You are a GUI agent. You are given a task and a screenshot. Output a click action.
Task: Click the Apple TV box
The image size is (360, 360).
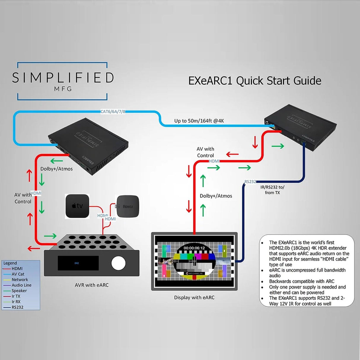click(x=77, y=206)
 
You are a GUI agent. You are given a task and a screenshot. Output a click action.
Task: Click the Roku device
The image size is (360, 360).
click(x=128, y=206)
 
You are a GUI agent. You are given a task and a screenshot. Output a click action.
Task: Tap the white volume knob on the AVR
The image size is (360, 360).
click(x=118, y=263)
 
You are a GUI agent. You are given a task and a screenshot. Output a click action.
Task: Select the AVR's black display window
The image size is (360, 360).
click(x=78, y=263)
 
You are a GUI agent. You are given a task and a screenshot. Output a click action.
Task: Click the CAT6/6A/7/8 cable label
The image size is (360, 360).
click(x=113, y=112)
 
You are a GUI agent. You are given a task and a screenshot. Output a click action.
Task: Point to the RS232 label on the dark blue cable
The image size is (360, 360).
click(x=250, y=181)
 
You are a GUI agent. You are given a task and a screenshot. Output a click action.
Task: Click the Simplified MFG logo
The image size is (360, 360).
click(x=63, y=81)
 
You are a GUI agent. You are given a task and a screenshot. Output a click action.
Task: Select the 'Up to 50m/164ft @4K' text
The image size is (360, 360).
click(x=199, y=121)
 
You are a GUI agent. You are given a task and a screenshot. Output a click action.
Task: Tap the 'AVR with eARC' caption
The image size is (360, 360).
click(x=92, y=285)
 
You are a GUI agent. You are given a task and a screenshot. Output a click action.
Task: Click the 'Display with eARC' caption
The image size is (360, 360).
click(x=194, y=297)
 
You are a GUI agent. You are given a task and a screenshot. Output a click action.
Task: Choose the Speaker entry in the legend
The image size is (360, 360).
click(x=19, y=291)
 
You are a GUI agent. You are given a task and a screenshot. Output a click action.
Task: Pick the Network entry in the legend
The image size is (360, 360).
click(x=20, y=280)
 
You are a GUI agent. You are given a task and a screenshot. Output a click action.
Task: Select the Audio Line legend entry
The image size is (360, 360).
click(x=21, y=285)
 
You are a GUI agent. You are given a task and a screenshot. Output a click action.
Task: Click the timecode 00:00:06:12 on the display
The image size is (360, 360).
click(x=194, y=248)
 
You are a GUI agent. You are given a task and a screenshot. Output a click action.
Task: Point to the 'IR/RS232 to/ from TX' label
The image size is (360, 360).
click(x=272, y=190)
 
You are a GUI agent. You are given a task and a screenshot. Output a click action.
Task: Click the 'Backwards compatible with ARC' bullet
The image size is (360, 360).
click(x=302, y=281)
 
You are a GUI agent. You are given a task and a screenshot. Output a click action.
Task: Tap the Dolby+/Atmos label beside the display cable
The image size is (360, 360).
click(x=216, y=196)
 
